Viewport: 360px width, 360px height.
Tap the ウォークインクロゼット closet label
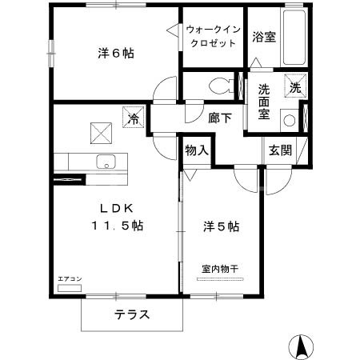tap(211, 36)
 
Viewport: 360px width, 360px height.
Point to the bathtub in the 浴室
tap(294, 40)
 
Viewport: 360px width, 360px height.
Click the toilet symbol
tap(218, 85)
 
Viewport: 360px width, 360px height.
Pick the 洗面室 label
tap(264, 101)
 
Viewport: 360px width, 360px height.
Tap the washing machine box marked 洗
tap(296, 87)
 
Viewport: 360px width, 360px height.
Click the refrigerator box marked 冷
tap(133, 117)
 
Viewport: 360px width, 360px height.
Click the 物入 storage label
tap(197, 150)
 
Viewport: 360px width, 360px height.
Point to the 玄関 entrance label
tap(279, 149)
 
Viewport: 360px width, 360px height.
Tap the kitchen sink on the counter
tap(105, 161)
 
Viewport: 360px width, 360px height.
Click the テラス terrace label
tap(131, 314)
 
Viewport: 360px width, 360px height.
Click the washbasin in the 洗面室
tap(289, 120)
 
